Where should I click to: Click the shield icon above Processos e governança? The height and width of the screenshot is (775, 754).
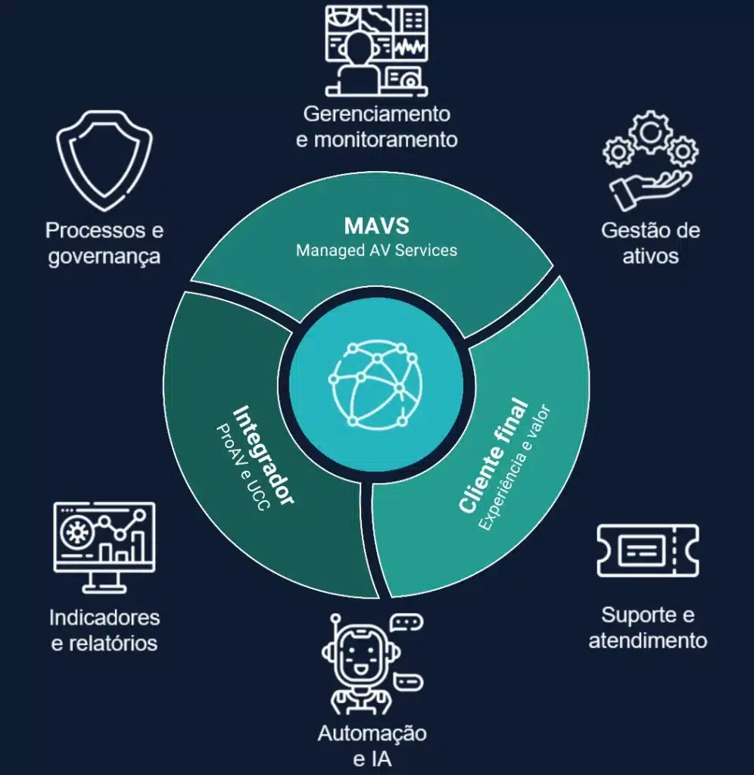click(104, 160)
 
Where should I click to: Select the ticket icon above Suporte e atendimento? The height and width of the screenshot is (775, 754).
click(648, 551)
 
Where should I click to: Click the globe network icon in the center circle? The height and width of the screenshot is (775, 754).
click(375, 384)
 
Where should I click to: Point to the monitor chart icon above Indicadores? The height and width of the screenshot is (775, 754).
click(104, 547)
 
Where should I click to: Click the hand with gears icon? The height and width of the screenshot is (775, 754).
click(650, 160)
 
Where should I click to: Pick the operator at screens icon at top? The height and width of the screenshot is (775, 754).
click(376, 51)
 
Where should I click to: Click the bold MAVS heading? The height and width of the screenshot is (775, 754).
click(377, 226)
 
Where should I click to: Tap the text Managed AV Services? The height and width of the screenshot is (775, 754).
click(376, 250)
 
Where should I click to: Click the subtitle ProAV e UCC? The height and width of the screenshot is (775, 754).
click(243, 467)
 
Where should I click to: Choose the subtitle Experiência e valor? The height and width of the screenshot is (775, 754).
click(514, 468)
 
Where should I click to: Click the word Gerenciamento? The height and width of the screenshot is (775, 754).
click(377, 114)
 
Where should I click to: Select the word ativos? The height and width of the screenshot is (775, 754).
click(650, 256)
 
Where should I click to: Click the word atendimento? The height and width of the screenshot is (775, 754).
click(648, 640)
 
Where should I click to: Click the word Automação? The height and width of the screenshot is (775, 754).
click(372, 733)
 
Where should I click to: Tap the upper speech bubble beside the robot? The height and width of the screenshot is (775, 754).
click(407, 622)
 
